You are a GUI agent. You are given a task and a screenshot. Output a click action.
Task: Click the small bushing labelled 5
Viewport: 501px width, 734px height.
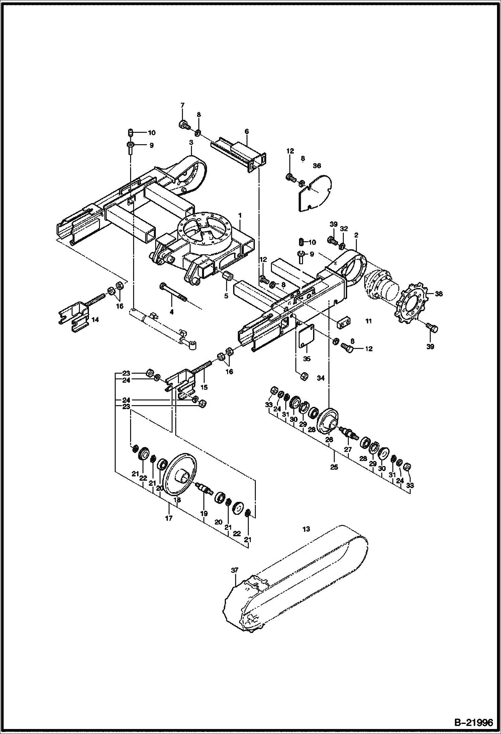[226, 277]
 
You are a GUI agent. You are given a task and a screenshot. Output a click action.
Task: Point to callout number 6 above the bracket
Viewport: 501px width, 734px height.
[247, 131]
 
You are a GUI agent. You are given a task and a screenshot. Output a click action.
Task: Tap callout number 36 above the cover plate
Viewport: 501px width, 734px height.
[317, 166]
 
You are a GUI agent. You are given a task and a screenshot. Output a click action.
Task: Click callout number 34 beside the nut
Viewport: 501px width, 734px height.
[321, 378]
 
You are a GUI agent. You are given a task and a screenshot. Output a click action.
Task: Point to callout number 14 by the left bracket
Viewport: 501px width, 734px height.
[95, 320]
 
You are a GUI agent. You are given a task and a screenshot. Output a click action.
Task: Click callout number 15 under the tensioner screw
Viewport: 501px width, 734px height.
[204, 387]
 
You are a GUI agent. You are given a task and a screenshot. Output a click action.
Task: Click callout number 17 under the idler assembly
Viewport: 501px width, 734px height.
[169, 518]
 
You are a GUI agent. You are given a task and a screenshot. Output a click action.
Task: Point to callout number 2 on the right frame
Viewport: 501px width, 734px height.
[356, 235]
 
